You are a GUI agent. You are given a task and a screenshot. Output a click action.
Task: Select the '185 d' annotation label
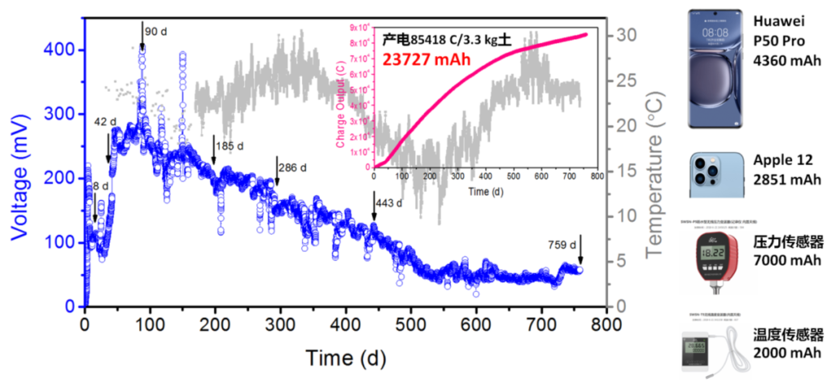pos(231,147)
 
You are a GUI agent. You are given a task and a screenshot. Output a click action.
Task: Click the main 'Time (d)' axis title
pos(345,358)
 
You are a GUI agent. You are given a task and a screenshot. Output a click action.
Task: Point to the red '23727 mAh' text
pos(425,58)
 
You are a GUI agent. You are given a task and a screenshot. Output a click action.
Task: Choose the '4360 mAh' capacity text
pos(787,61)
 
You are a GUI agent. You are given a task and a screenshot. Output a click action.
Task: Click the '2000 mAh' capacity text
pos(788,352)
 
